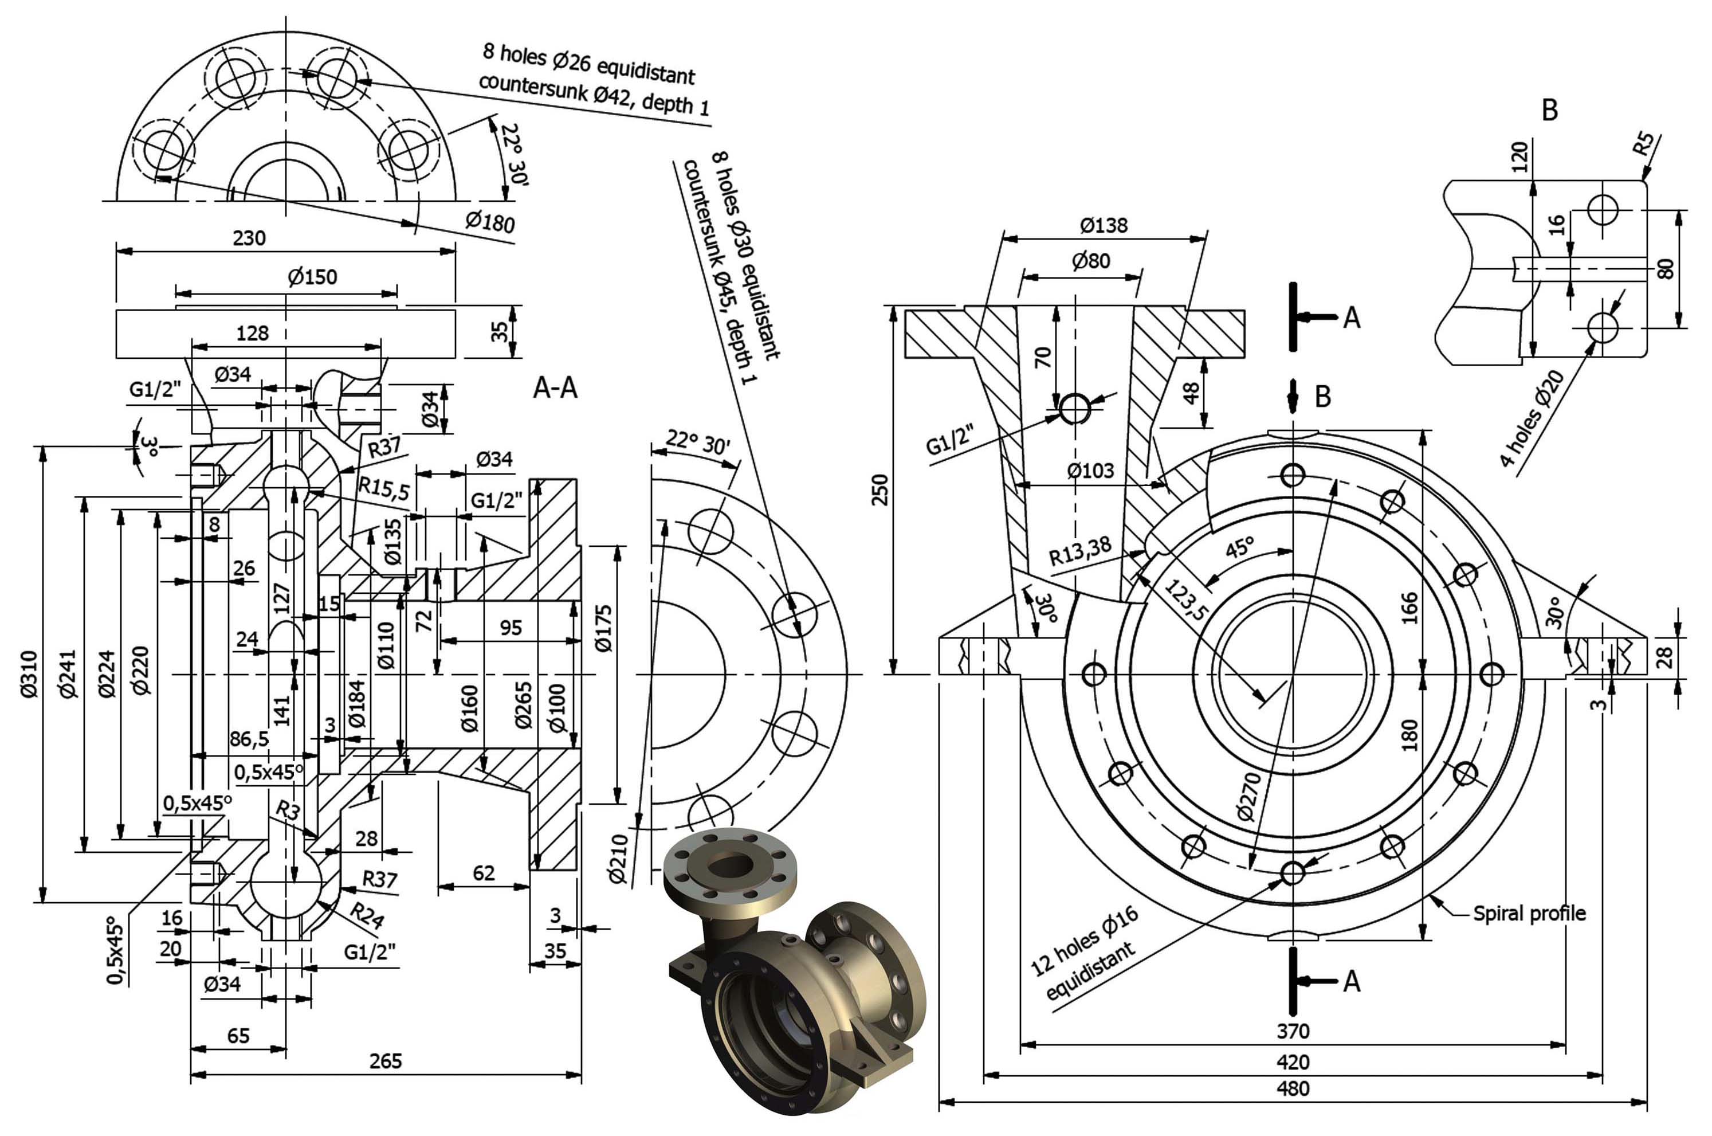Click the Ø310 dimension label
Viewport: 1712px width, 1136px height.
(28, 674)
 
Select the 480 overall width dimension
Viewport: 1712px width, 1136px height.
(1293, 1089)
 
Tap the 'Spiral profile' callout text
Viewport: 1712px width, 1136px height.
(1529, 914)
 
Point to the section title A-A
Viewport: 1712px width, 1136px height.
(555, 389)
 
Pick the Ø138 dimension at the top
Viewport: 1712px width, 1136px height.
(1103, 225)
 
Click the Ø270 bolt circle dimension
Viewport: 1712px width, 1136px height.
(1248, 797)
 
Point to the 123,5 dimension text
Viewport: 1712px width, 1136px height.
(1185, 600)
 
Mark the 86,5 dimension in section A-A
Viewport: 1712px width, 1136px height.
(249, 739)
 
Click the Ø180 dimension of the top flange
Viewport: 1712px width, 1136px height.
(489, 221)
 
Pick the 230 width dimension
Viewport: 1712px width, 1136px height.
(249, 238)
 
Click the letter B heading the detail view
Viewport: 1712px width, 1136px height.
(1549, 110)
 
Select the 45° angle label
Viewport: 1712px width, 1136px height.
(1239, 548)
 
